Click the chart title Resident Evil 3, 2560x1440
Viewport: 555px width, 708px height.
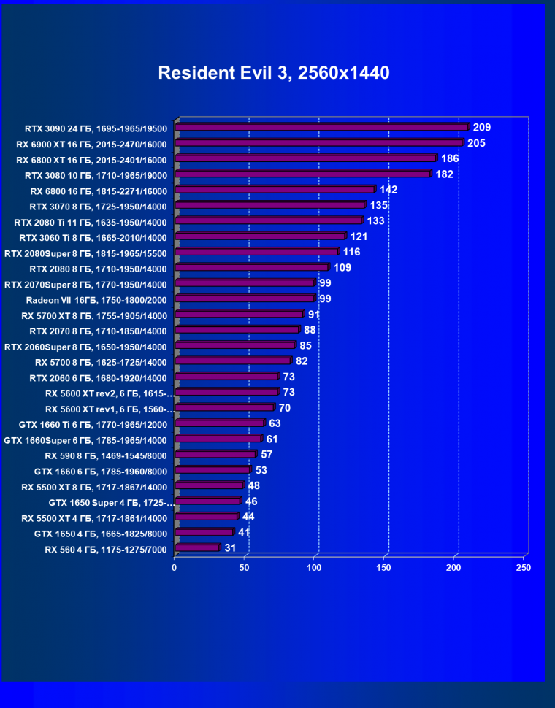[x=274, y=73]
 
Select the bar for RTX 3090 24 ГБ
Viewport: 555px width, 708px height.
[x=321, y=127]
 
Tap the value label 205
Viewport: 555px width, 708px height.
[x=476, y=143]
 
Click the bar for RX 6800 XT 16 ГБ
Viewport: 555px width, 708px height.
[x=305, y=158]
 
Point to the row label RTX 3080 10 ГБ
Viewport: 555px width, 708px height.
[x=96, y=175]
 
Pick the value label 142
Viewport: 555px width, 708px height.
[x=388, y=190]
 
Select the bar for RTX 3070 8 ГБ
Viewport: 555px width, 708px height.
[x=270, y=205]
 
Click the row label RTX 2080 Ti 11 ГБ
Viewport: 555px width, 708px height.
[x=91, y=222]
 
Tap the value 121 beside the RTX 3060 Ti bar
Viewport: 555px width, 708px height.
[x=358, y=236]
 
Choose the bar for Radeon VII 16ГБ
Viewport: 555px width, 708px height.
[x=245, y=299]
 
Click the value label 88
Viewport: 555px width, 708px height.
[x=310, y=330]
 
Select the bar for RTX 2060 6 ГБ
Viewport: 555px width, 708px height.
[x=227, y=377]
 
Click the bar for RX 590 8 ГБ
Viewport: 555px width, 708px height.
[x=215, y=455]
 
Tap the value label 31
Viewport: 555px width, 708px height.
[x=231, y=548]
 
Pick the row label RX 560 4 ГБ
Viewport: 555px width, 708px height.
[x=106, y=550]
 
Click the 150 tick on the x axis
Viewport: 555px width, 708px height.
[x=384, y=567]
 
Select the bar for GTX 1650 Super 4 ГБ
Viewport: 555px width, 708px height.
[x=208, y=501]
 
